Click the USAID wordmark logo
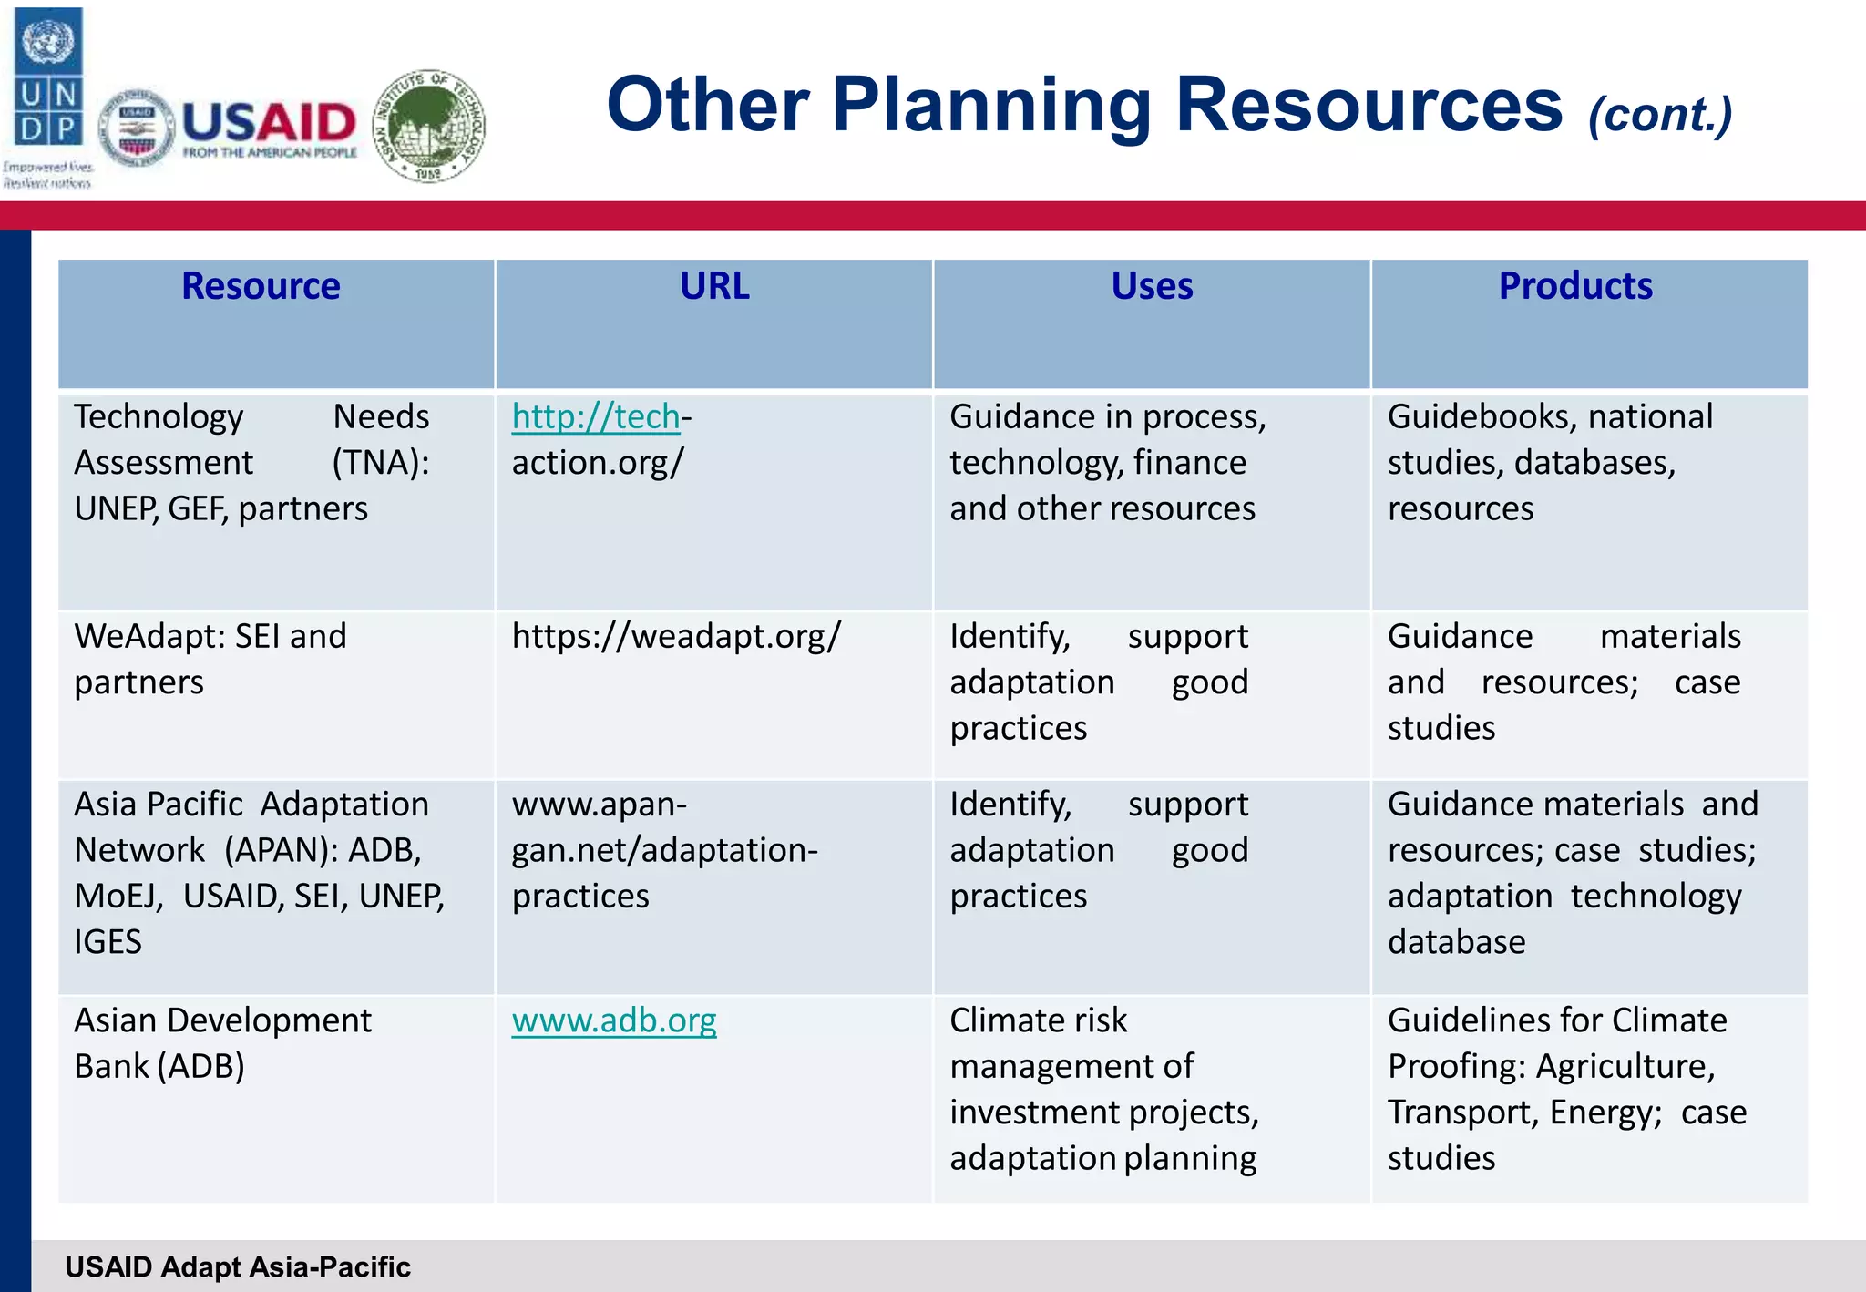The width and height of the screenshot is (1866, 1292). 269,128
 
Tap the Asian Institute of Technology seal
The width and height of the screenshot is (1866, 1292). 430,126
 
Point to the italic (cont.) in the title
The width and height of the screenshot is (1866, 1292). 1659,116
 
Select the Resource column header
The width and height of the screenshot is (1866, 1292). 261,286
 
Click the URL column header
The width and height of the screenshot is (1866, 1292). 714,286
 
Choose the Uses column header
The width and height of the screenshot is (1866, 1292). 1152,286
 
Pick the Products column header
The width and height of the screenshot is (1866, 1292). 1575,286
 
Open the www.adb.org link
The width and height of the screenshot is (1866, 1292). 614,1020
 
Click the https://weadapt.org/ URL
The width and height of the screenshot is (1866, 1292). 676,636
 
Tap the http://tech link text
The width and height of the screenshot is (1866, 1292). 596,416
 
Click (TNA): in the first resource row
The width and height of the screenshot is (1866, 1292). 381,463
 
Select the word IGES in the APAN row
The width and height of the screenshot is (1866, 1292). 108,942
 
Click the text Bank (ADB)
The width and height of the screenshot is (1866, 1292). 159,1066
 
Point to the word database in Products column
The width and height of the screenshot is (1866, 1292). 1456,942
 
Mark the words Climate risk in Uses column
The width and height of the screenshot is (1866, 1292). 1038,1020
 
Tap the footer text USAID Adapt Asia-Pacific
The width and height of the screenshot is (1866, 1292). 238,1266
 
